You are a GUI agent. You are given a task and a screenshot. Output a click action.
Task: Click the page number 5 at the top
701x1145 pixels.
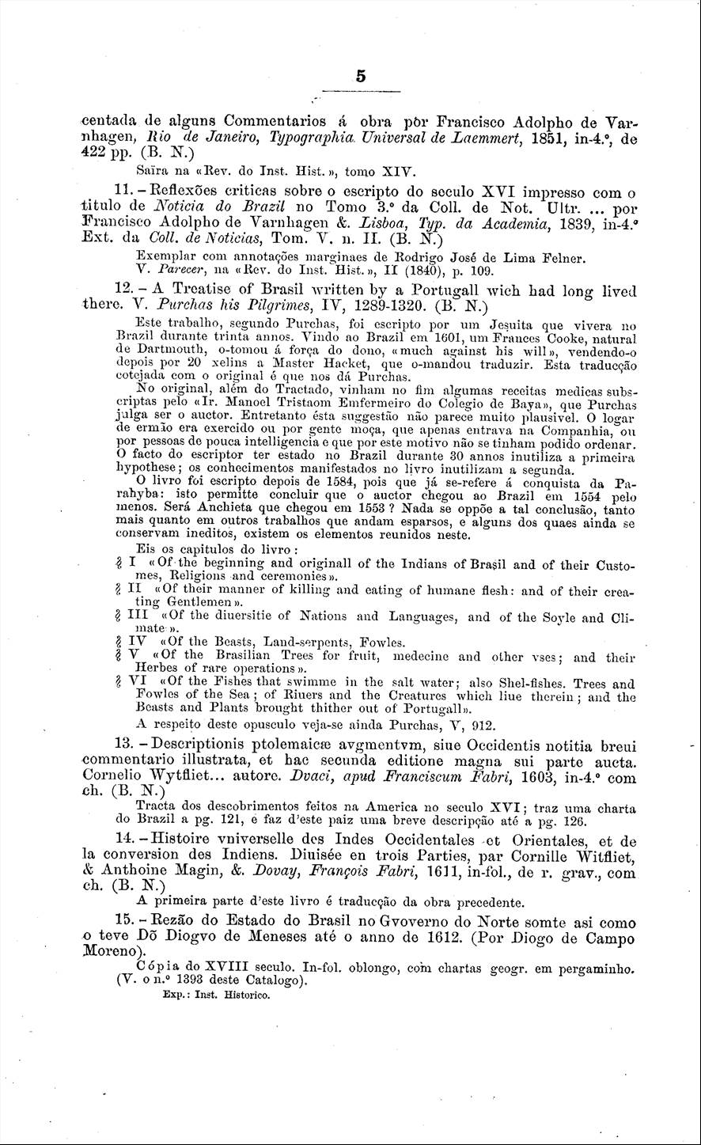[x=360, y=77]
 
